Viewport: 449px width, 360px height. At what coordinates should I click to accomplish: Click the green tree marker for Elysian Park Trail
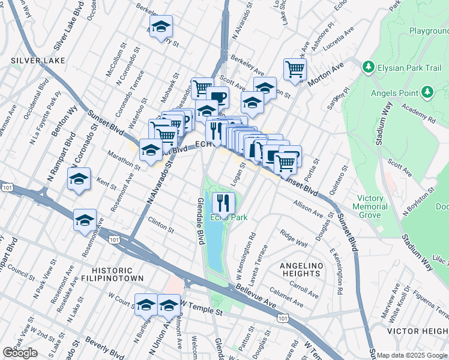(367, 68)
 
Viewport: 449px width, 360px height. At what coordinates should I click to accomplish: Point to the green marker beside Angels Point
(427, 92)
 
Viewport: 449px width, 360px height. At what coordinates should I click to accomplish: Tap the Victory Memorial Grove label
(370, 206)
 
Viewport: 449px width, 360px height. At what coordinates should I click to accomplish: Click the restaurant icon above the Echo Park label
(224, 202)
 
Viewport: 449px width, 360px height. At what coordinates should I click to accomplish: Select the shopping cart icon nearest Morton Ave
(295, 70)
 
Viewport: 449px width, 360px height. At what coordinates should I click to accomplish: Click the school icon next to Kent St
(79, 179)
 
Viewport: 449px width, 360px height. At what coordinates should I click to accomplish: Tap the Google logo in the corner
(20, 353)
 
